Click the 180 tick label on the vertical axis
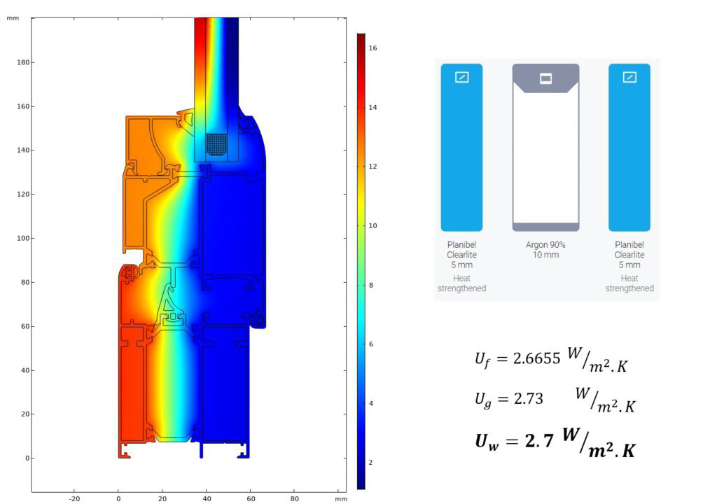(23, 62)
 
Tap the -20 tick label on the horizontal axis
(74, 499)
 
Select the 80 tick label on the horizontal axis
(295, 499)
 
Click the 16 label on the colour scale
(373, 48)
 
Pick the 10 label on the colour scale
(373, 225)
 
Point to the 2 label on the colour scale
(371, 463)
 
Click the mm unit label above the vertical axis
(13, 18)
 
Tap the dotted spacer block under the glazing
(216, 144)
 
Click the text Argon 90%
(545, 245)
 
